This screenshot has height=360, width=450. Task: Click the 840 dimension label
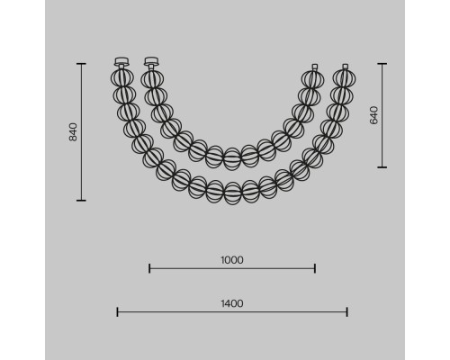click(x=73, y=132)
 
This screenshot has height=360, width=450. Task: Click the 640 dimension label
click(x=373, y=115)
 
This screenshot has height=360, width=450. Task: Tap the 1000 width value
click(x=232, y=260)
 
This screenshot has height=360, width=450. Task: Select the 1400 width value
click(x=232, y=303)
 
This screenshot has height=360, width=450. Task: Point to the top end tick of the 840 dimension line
click(x=81, y=64)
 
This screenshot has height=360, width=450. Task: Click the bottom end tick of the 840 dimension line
click(x=81, y=200)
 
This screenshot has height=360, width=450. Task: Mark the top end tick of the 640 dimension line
click(x=382, y=64)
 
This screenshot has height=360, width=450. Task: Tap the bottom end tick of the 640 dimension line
click(x=382, y=167)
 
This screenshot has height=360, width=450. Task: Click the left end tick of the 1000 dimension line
click(x=149, y=268)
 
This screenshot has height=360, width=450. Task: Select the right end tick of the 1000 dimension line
click(x=315, y=268)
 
